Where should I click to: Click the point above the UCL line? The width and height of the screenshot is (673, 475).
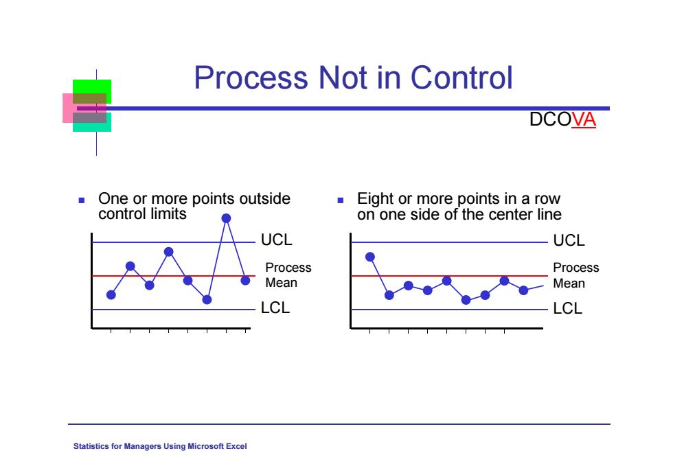pyautogui.click(x=226, y=218)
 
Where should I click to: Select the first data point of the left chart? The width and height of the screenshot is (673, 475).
pyautogui.click(x=111, y=294)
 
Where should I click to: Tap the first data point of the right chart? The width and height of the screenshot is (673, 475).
pyautogui.click(x=370, y=257)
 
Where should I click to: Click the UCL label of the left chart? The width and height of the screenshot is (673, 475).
pyautogui.click(x=276, y=240)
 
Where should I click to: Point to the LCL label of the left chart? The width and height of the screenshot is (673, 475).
pyautogui.click(x=275, y=308)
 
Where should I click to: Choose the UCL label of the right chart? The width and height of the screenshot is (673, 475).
pyautogui.click(x=569, y=240)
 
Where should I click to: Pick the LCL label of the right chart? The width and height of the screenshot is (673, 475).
pyautogui.click(x=567, y=308)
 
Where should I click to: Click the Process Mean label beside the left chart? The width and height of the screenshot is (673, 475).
pyautogui.click(x=288, y=275)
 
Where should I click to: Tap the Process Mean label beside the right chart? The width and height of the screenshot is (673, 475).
pyautogui.click(x=575, y=275)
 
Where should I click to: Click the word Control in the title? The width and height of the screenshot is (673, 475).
pyautogui.click(x=461, y=78)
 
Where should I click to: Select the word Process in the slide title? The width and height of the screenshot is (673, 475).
pyautogui.click(x=251, y=78)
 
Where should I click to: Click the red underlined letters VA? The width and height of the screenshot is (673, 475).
pyautogui.click(x=584, y=119)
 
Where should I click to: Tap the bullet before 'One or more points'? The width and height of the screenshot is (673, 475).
pyautogui.click(x=82, y=200)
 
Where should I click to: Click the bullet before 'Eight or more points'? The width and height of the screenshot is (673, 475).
pyautogui.click(x=341, y=200)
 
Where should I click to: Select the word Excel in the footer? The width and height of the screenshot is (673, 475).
pyautogui.click(x=236, y=446)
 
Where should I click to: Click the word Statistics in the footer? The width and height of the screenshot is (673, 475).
pyautogui.click(x=91, y=446)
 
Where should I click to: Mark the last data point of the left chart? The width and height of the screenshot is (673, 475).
pyautogui.click(x=245, y=281)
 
